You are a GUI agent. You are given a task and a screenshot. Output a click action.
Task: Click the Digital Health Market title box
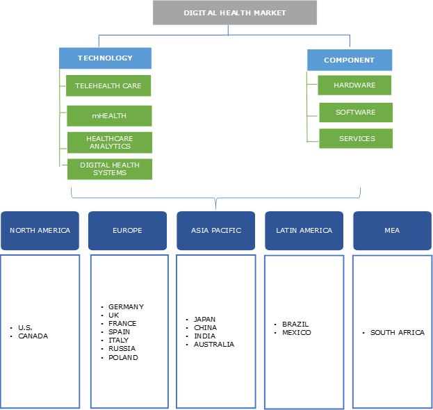coord(234,13)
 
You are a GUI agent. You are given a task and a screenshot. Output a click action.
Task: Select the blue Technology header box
coord(105,58)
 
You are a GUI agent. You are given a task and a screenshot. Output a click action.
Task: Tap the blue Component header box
coord(349,60)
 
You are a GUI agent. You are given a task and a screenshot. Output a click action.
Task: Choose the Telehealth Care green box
coord(108,85)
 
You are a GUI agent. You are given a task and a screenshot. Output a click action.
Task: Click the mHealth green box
coord(109,115)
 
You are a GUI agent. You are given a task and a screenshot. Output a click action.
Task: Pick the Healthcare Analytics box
coord(109,142)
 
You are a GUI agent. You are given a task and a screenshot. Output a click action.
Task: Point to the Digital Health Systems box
coord(109,169)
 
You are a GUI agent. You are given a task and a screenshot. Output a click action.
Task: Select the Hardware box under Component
coord(354,85)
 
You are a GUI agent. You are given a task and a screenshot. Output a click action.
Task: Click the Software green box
coord(355,112)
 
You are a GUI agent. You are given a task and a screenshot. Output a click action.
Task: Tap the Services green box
coord(356,138)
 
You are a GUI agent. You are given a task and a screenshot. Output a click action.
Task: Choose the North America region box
coord(40,230)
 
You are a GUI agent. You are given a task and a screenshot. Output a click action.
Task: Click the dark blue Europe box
coord(128,230)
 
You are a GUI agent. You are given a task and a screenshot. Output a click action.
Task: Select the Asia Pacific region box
coord(216,230)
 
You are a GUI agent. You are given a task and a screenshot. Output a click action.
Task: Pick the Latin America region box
coord(304,230)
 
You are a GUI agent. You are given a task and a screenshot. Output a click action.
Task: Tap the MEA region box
coord(392,230)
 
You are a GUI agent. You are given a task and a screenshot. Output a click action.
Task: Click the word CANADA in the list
coord(33,336)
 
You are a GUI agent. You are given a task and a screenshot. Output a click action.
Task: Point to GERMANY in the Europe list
coord(126,306)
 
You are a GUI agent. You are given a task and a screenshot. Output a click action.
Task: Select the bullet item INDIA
coord(205,336)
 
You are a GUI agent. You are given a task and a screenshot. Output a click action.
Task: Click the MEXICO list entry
coord(297,332)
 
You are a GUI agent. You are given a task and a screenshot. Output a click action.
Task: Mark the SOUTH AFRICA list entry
coord(397,332)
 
